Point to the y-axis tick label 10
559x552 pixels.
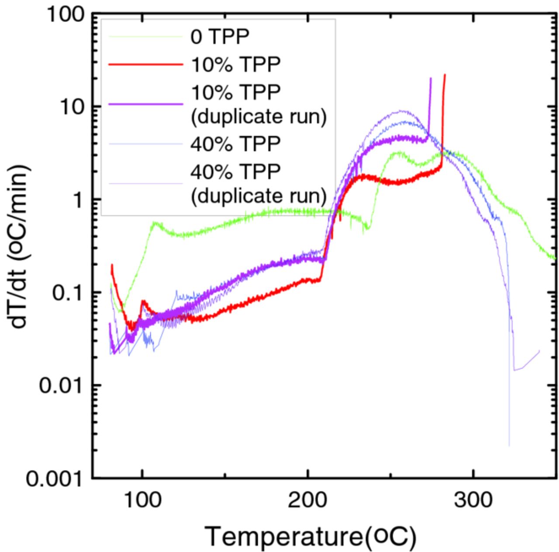tap(71, 107)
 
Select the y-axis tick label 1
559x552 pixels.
tap(78, 200)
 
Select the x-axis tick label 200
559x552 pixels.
tap(307, 500)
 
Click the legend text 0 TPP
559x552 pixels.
tap(219, 37)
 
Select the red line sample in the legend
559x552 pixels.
tap(145, 64)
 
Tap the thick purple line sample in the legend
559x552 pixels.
tap(145, 104)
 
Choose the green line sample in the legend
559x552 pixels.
tap(145, 37)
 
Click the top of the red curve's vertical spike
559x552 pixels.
tap(445, 75)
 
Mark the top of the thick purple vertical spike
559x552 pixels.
tap(431, 79)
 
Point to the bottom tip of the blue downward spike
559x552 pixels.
tap(509, 446)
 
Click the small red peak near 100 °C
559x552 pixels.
tap(143, 301)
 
